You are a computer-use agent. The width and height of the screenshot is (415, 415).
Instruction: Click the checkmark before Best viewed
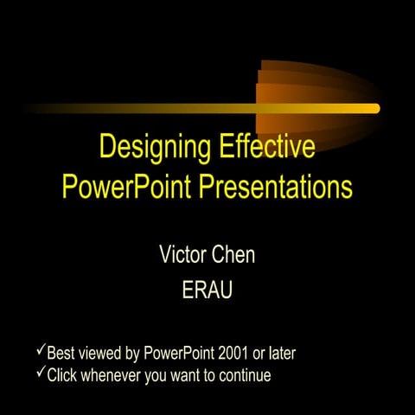click(x=40, y=352)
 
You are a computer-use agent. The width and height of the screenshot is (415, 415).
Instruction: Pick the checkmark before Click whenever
click(x=40, y=373)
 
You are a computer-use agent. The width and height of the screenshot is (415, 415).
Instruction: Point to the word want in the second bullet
click(x=182, y=375)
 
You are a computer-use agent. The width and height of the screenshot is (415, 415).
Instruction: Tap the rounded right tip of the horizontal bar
click(x=375, y=108)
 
